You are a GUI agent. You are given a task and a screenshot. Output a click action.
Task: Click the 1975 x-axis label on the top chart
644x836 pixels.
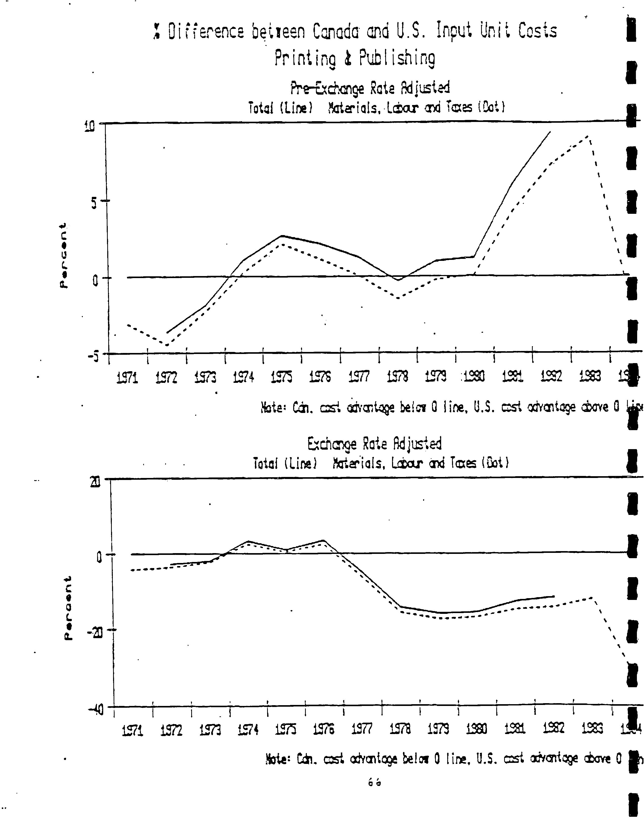click(x=282, y=378)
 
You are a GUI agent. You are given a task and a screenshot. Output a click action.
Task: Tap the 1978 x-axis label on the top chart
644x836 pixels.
click(x=398, y=378)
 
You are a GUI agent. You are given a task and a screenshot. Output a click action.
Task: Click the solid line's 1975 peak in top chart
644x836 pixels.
click(x=282, y=236)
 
